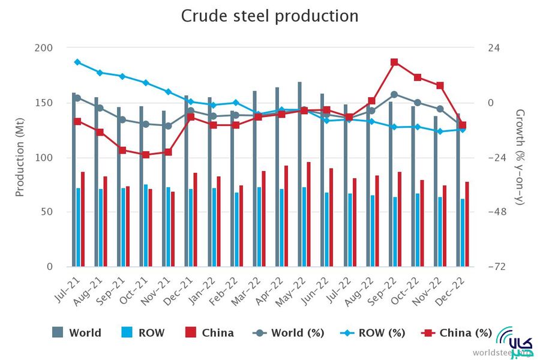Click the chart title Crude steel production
coord(269,16)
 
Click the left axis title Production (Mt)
coord(20,157)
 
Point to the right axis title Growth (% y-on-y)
coord(520,157)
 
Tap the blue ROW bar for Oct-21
coord(146,226)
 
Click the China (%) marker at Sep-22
coord(394,62)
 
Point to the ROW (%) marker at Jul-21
coord(77,62)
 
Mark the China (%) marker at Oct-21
coord(145,154)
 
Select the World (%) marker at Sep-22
coord(394,94)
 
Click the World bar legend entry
coord(77,332)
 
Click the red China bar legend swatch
coord(191,332)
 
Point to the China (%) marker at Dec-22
coord(463,125)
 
